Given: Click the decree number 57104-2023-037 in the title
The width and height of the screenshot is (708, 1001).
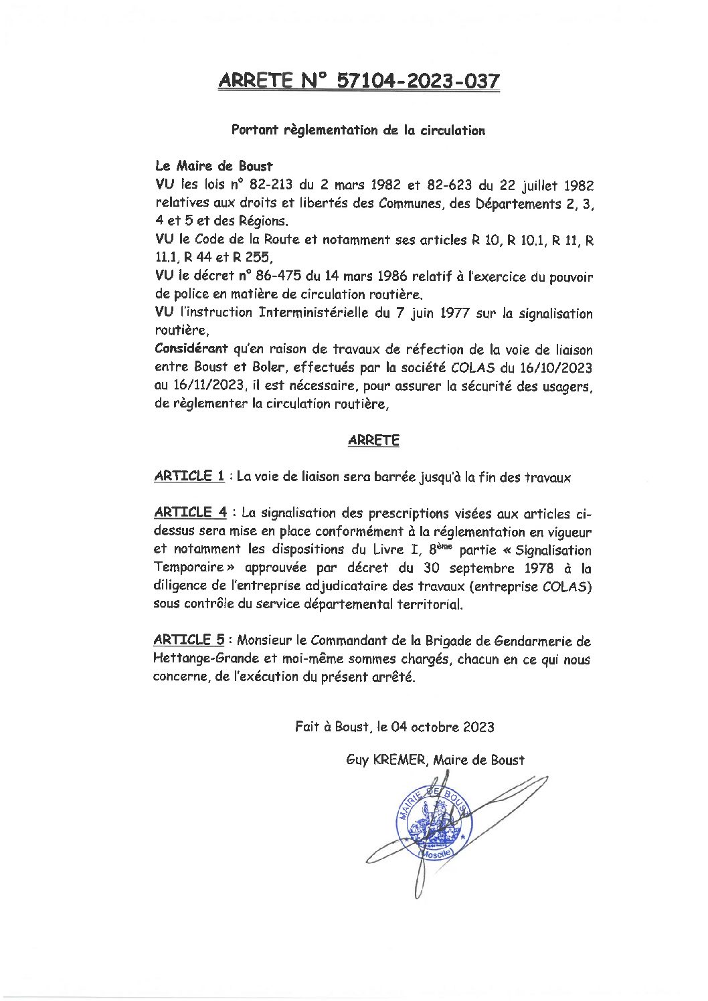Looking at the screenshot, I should click(x=417, y=82).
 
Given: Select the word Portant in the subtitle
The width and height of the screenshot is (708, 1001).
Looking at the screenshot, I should click(x=254, y=130).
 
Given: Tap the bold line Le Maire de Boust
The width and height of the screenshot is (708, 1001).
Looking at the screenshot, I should click(x=213, y=166).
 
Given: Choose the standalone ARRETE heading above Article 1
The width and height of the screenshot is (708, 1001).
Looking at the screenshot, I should click(x=373, y=440).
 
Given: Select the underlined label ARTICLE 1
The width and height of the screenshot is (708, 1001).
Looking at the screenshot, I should click(x=189, y=476).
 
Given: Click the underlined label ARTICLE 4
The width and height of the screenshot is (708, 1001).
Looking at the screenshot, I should click(x=190, y=513).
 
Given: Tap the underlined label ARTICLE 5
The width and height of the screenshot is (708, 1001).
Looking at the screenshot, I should click(x=188, y=640).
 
